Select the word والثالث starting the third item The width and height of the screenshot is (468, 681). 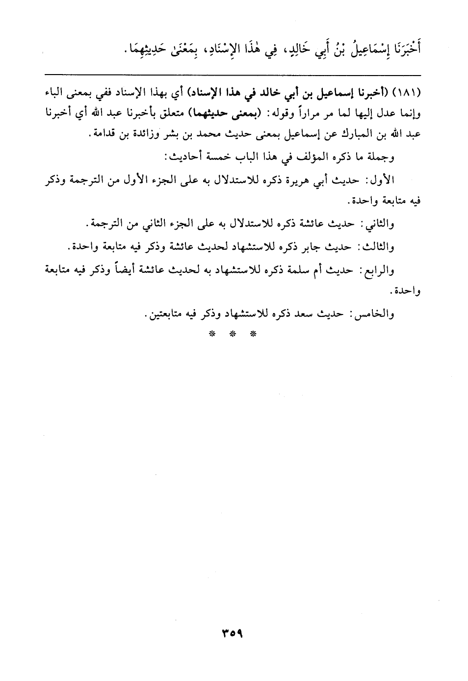[x=380, y=247]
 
